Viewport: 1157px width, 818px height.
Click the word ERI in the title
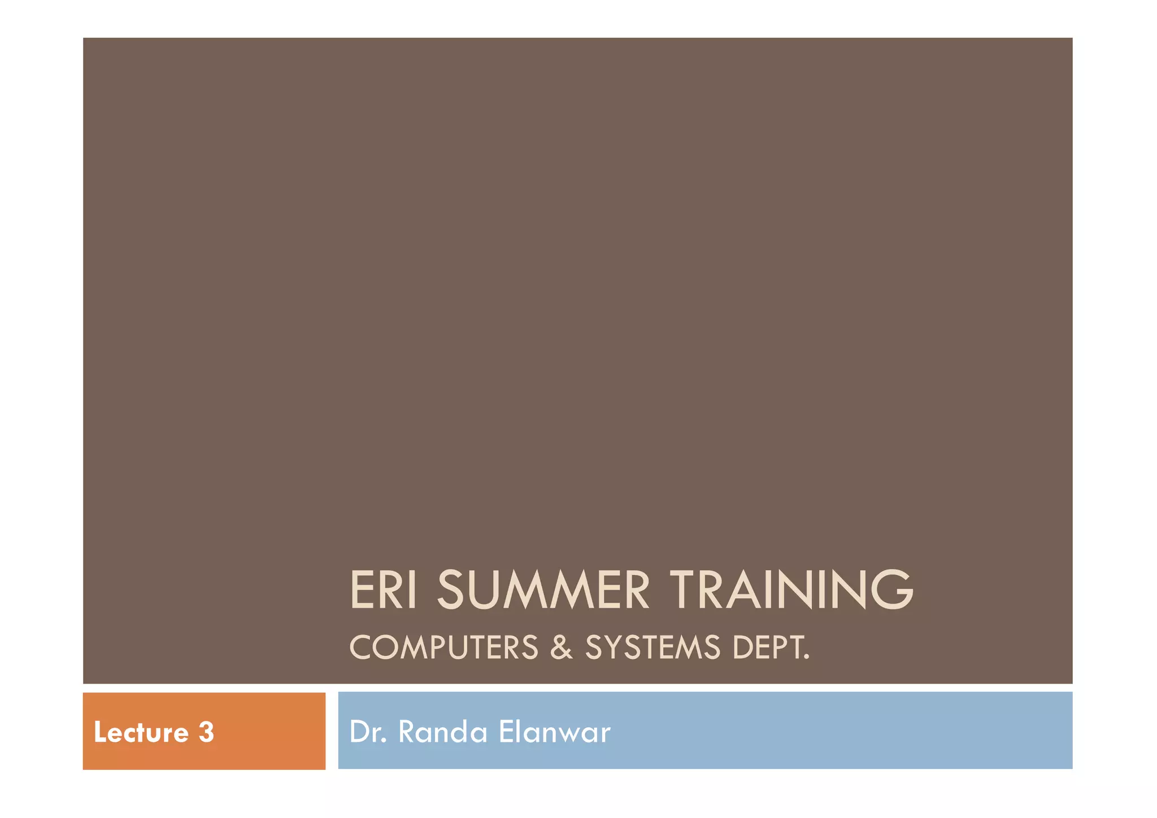coord(384,590)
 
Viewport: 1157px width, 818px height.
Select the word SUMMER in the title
coord(543,590)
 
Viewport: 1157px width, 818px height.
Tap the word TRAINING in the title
coord(791,590)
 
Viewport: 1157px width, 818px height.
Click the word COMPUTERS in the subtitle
coord(444,647)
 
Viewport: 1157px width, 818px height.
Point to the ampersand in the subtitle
coord(561,647)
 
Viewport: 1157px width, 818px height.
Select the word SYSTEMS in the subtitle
coord(653,647)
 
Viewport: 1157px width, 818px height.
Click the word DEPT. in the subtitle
coord(771,647)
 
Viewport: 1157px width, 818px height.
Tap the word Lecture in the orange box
coord(141,733)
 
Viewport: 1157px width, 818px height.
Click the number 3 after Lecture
coord(206,733)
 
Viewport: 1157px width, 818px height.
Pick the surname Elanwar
coord(555,732)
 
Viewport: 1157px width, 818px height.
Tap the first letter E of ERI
coord(362,590)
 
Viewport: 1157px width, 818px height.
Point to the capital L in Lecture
coord(100,733)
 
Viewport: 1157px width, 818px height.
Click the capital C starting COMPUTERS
coord(361,647)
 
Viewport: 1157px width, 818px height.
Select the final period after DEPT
coord(807,658)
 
